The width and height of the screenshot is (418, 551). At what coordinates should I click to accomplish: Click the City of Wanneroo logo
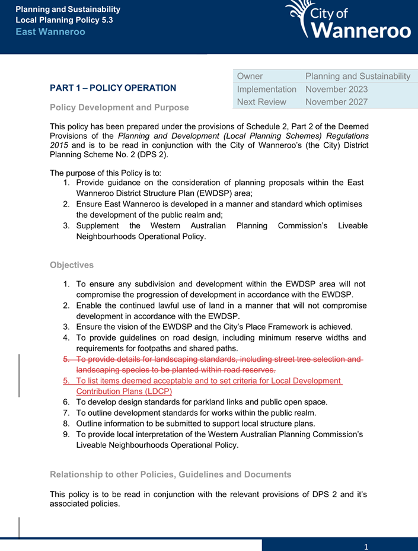click(348, 20)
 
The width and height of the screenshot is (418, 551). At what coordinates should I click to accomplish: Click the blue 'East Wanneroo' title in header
click(50, 31)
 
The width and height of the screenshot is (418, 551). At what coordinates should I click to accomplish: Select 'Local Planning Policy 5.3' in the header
click(64, 20)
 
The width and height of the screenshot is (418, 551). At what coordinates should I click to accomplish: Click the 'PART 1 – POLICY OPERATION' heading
click(113, 88)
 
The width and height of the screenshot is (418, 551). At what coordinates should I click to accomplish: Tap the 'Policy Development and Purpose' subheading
click(119, 107)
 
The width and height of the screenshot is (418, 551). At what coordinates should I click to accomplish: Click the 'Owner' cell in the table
click(250, 76)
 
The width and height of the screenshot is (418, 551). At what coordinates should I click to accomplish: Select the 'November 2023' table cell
click(336, 89)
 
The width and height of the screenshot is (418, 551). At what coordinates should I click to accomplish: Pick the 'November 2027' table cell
click(336, 101)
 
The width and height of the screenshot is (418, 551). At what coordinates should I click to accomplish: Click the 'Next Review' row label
click(261, 101)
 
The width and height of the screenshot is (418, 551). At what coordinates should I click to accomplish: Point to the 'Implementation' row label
click(266, 89)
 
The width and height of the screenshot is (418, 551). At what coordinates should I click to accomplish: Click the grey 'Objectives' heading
click(72, 265)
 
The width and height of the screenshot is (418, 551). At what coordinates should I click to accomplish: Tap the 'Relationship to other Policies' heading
click(170, 474)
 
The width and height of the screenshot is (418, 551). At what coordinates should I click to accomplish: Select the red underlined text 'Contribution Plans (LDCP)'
click(125, 391)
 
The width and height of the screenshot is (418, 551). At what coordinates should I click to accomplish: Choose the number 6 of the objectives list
click(67, 402)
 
